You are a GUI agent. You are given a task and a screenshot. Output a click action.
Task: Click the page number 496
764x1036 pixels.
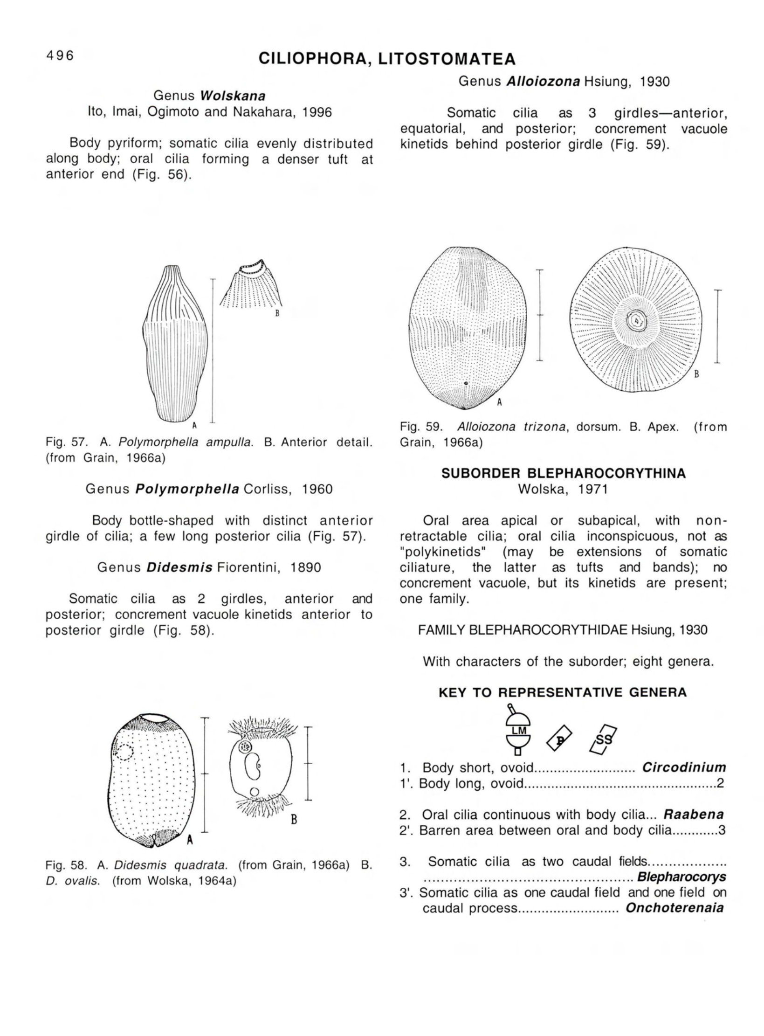tap(60, 55)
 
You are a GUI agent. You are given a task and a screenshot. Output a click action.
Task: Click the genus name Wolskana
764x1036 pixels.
tap(233, 96)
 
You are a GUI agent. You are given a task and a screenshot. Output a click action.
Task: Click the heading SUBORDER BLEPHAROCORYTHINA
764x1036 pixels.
tap(564, 473)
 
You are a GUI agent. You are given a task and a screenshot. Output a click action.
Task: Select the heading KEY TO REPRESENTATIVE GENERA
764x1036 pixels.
tap(563, 692)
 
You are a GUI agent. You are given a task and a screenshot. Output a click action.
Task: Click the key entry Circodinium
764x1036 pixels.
tap(684, 767)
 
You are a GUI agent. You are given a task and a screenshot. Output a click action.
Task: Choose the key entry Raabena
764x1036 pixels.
tap(694, 815)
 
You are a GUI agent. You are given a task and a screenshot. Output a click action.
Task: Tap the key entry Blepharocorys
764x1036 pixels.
tap(681, 877)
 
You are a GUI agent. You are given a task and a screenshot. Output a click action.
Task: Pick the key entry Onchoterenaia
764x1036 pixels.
tap(675, 908)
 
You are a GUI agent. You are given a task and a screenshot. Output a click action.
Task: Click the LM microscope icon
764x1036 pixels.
tap(518, 730)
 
